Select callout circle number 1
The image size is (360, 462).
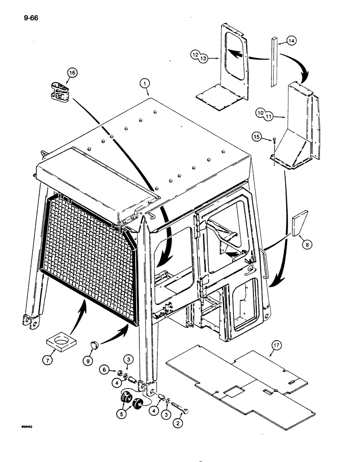(144, 83)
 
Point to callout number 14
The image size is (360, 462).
(291, 41)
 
